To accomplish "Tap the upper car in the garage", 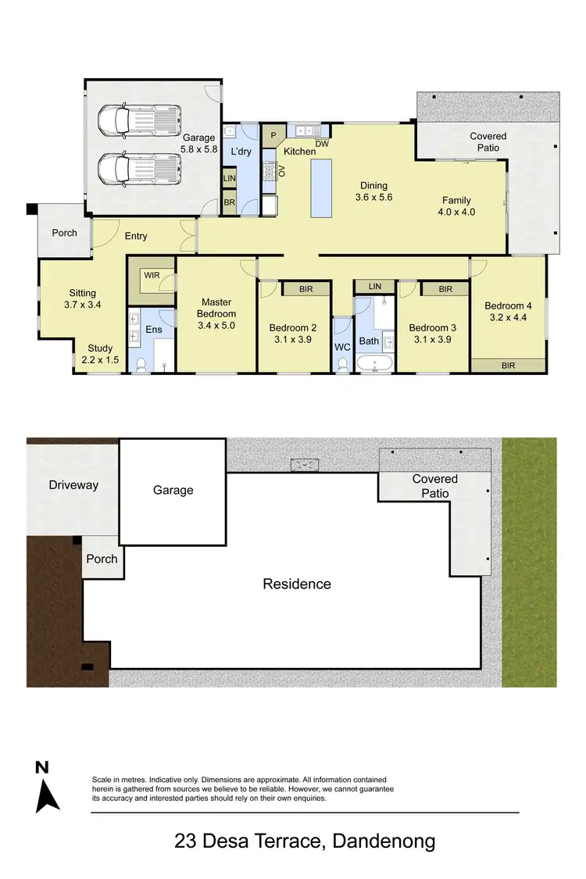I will click(138, 120).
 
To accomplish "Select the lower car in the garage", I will click(139, 166).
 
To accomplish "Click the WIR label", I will click(151, 275).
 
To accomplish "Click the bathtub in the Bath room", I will click(375, 363).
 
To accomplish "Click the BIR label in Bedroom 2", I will click(306, 289).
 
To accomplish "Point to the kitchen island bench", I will click(320, 188).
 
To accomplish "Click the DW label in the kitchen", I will click(322, 144).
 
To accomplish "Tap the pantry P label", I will click(273, 135).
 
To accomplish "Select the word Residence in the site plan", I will click(296, 584).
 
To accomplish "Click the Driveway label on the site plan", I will click(73, 484).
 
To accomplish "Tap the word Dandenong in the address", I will click(384, 841).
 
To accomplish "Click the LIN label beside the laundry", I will click(229, 178).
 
